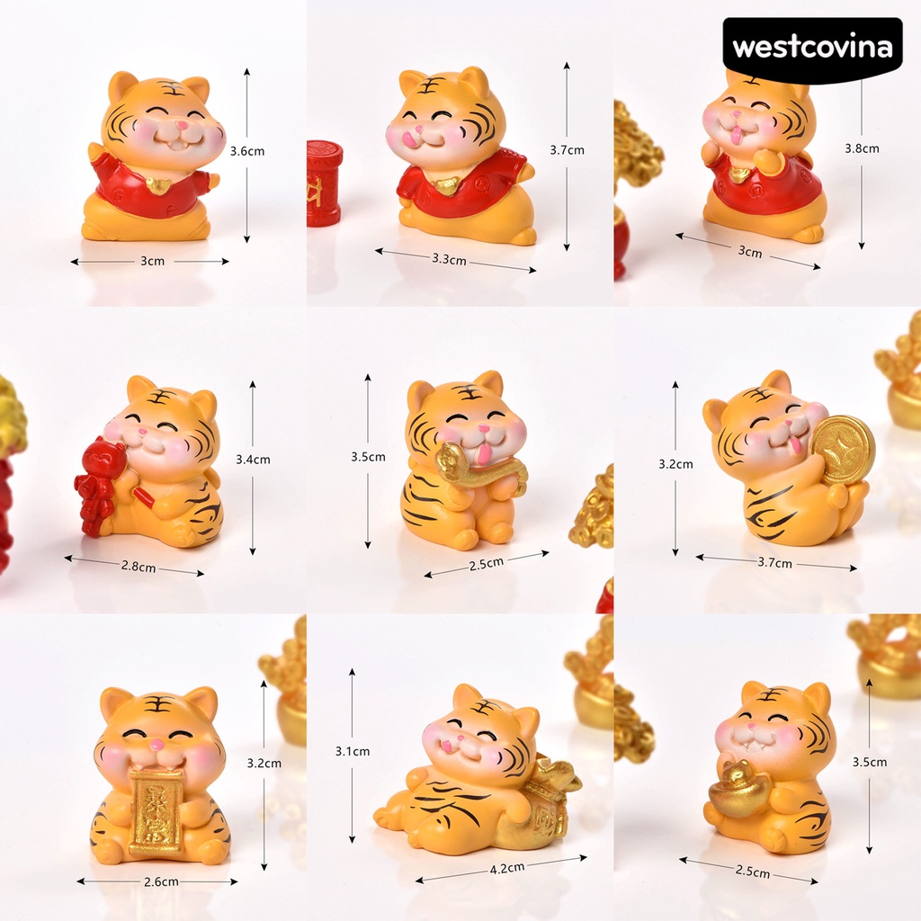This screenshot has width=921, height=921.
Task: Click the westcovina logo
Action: coord(812,48)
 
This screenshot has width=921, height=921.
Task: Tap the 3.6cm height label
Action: coord(247,151)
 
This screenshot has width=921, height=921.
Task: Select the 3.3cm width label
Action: coord(449,259)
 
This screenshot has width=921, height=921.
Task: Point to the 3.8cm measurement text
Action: coord(862,148)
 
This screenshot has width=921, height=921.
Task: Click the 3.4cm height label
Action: coord(253,459)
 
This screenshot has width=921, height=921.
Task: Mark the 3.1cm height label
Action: coord(352,751)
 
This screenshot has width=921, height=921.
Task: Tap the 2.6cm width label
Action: coord(161,881)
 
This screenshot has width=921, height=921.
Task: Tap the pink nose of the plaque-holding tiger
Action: coord(157,744)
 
